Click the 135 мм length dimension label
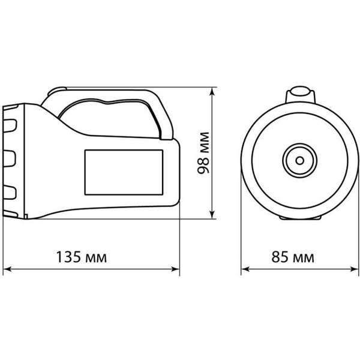click(82, 257)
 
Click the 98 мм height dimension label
click(203, 153)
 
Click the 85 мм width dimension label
click(293, 257)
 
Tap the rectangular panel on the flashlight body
click(124, 172)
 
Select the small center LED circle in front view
click(299, 160)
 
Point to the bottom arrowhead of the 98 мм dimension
click(212, 215)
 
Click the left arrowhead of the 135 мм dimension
click(7, 269)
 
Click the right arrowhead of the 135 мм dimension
click(176, 269)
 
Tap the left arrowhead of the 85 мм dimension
click(245, 269)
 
